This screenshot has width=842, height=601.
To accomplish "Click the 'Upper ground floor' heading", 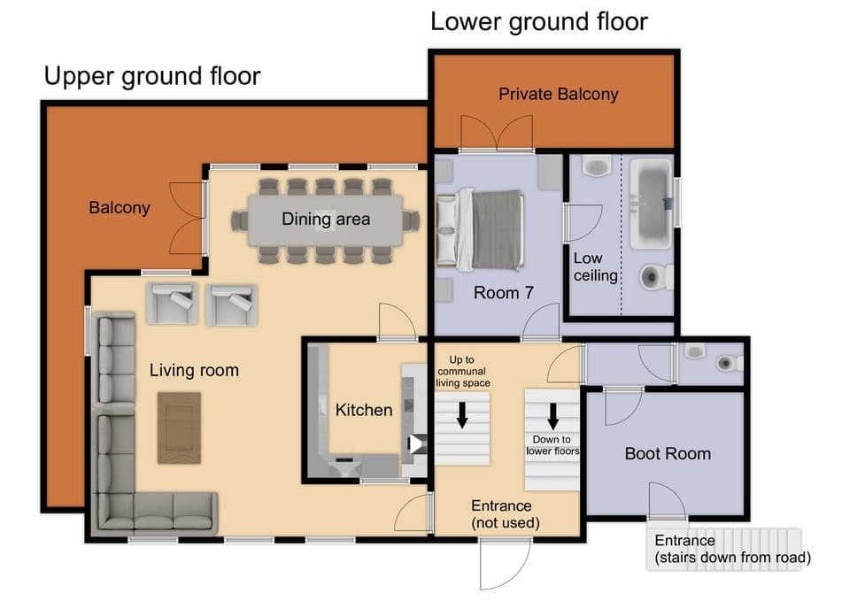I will (x=152, y=76).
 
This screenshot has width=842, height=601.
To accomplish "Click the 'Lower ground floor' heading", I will (x=538, y=21).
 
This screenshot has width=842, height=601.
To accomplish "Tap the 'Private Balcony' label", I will (x=558, y=94).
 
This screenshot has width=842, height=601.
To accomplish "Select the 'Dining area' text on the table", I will (x=326, y=219).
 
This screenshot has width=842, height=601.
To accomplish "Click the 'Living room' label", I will (x=193, y=370).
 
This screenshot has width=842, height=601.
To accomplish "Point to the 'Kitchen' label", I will (x=363, y=410).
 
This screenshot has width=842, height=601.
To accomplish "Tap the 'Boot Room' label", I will (x=668, y=454).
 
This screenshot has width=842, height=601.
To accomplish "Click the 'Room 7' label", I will (x=503, y=293).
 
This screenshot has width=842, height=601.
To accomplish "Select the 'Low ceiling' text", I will (x=595, y=267).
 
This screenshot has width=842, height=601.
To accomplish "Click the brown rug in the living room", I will (x=180, y=428).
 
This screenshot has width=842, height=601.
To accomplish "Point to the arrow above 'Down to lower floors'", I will (x=552, y=414).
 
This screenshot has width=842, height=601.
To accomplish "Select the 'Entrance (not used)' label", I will (x=501, y=514).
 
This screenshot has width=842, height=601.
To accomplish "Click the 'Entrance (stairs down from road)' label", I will (x=731, y=549).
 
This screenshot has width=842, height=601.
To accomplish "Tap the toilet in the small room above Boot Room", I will (x=728, y=362).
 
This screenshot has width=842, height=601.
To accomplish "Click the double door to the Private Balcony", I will (x=497, y=135).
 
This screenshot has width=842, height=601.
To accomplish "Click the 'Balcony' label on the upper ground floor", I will (x=120, y=209).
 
